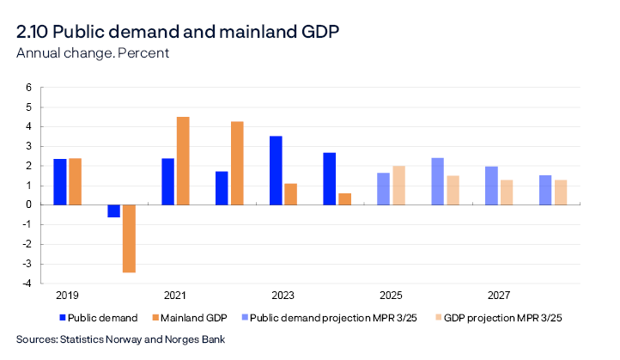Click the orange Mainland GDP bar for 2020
(x=129, y=238)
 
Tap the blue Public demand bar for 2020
(x=113, y=211)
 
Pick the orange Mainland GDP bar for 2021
(x=183, y=161)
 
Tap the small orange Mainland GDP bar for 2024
(x=344, y=198)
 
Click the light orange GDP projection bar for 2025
(x=398, y=185)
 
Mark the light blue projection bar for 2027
(x=491, y=186)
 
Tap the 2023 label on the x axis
(x=282, y=296)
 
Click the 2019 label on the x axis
(x=66, y=296)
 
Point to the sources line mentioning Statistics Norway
(x=120, y=339)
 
